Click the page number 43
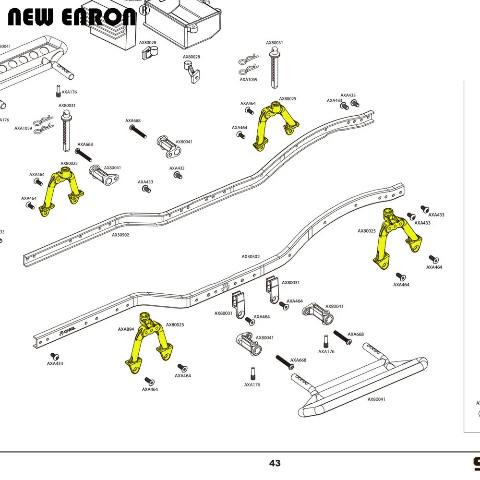tap(275, 463)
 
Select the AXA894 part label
tap(126, 329)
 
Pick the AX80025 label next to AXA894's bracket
tap(175, 325)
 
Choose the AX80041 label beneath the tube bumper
tap(376, 399)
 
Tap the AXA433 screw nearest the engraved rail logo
tap(54, 356)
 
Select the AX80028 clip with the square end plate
tap(149, 52)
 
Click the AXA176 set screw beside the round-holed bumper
tap(58, 90)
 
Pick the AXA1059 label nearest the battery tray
tap(249, 80)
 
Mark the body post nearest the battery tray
tap(274, 67)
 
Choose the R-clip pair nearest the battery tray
tap(249, 65)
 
